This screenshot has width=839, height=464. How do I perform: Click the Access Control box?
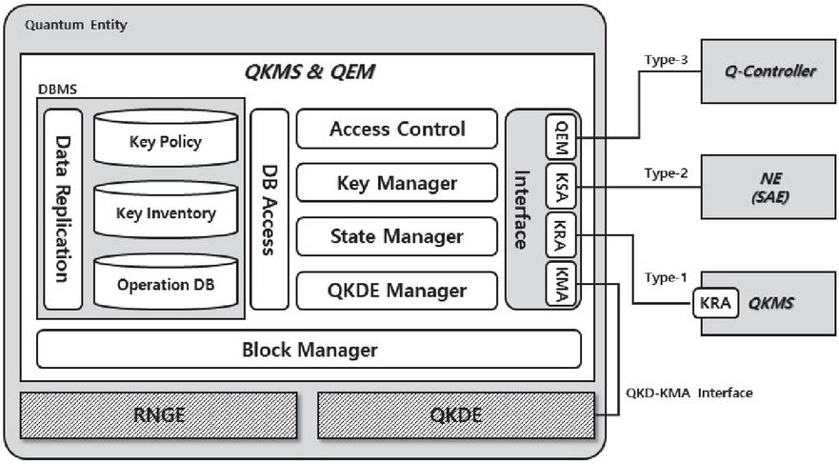[x=396, y=129]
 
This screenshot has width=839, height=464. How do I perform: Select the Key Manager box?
[x=396, y=183]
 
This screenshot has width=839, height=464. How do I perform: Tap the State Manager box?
[x=396, y=236]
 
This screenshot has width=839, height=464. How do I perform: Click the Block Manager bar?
[x=309, y=350]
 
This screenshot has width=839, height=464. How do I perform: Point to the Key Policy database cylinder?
[x=166, y=142]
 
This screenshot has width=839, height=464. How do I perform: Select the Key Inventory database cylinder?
[x=166, y=212]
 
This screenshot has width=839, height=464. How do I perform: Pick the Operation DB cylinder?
[x=166, y=283]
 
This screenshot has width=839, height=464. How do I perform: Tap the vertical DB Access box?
[x=269, y=210]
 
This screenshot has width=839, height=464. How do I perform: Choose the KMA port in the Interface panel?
[x=561, y=284]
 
